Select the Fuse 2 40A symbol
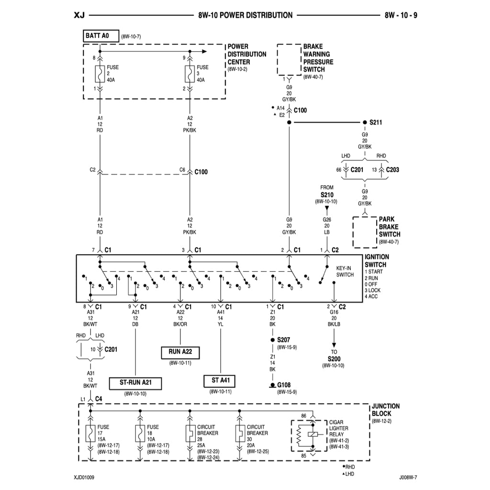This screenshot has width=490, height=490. point(100,74)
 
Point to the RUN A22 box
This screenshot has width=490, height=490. point(180,352)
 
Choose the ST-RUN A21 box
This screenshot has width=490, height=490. point(135,383)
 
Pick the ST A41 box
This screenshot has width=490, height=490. point(220,381)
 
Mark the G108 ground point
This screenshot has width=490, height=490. point(272,385)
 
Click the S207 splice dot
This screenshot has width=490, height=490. point(272,340)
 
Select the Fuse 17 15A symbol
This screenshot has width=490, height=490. point(90,434)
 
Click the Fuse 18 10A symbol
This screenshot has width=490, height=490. point(140,434)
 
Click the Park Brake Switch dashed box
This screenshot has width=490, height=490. point(365,232)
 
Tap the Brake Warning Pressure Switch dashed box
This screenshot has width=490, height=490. point(289,60)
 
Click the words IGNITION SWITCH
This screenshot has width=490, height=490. point(377,261)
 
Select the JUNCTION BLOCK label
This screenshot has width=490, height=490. point(385,410)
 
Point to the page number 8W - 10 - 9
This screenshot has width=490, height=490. point(401,15)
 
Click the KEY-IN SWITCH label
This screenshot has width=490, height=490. point(345,272)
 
